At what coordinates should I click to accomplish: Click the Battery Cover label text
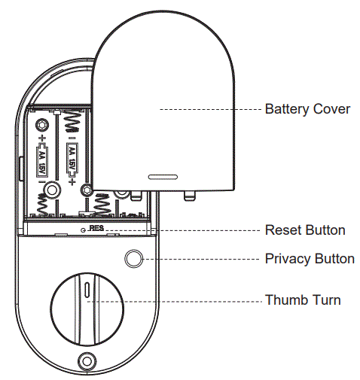pos(307,109)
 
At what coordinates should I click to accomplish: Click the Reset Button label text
pos(305,230)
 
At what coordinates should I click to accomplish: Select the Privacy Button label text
pos(310,259)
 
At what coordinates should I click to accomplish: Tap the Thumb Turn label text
pos(303,300)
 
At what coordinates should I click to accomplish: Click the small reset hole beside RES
pos(83,226)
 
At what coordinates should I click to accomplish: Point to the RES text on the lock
pos(95,226)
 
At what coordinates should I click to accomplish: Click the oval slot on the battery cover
pos(161,179)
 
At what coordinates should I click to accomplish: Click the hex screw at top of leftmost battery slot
pos(44,121)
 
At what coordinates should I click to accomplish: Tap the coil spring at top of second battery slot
pos(73,120)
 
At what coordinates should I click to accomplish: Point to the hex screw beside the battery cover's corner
pos(89,191)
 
